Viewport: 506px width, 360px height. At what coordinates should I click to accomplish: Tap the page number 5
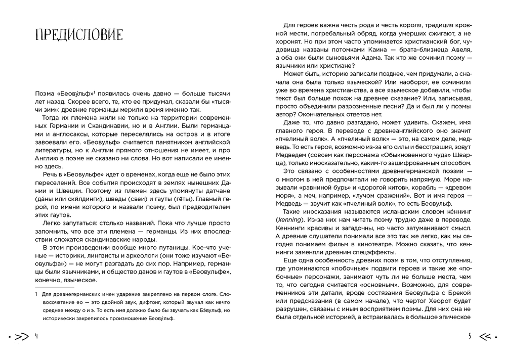(470, 336)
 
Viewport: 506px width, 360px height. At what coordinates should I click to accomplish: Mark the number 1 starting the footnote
(36, 293)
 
